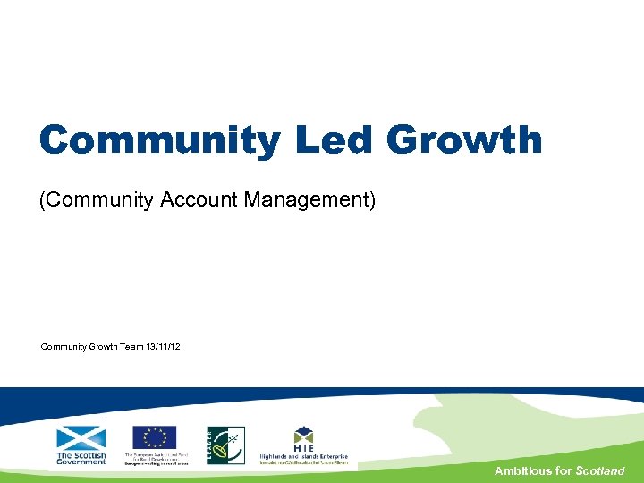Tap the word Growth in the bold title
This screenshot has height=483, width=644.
tap(464, 140)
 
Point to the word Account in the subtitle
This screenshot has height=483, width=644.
tap(199, 200)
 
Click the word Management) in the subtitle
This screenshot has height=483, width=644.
tap(308, 200)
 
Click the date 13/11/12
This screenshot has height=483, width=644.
tap(163, 346)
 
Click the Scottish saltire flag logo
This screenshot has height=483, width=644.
tap(80, 438)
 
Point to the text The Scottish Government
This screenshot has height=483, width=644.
tap(80, 458)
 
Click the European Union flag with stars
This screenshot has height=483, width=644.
tap(155, 437)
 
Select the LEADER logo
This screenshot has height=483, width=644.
tap(225, 445)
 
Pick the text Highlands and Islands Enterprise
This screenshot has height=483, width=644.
tap(304, 454)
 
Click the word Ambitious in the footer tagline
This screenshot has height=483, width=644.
tap(524, 470)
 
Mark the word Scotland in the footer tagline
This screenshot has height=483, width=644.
tap(600, 470)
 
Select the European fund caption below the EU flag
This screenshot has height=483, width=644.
tap(157, 459)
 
